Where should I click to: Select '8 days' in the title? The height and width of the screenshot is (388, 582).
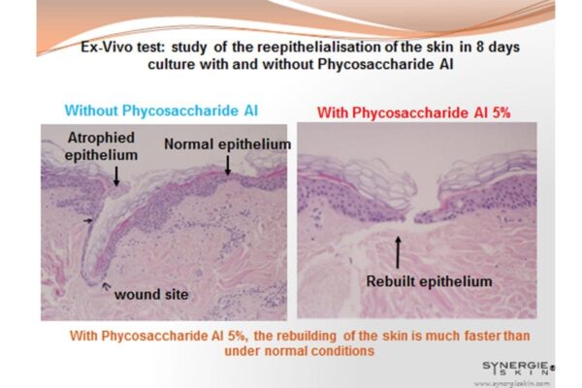tap(499, 48)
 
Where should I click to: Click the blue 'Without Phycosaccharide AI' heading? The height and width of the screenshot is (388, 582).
tap(161, 111)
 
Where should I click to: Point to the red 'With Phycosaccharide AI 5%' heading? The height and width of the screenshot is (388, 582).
tap(414, 113)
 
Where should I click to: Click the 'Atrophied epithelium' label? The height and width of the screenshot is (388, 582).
tap(101, 146)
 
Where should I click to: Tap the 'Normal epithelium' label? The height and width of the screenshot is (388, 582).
tap(228, 145)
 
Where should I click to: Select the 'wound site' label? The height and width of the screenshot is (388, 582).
tap(151, 295)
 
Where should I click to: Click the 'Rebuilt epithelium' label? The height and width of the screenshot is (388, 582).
tap(429, 281)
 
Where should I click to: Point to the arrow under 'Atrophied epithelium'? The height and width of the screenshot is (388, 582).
tap(116, 176)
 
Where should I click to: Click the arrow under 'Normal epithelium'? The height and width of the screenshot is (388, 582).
tap(228, 166)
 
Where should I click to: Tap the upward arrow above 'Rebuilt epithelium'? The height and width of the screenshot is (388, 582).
tap(398, 252)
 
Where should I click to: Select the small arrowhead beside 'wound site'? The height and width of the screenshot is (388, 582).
tap(107, 285)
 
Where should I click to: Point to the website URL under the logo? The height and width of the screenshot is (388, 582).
tap(512, 383)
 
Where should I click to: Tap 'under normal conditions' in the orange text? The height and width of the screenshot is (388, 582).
tap(299, 351)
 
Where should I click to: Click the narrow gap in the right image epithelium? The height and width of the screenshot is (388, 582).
tap(409, 216)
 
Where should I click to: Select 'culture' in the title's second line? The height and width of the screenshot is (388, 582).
tap(171, 64)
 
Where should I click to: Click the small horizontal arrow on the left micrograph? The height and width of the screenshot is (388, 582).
tap(88, 221)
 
